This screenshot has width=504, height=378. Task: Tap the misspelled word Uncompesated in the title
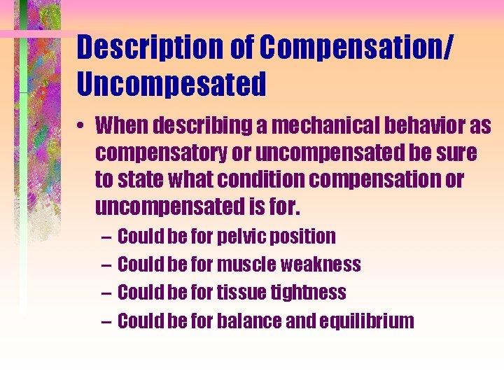171,84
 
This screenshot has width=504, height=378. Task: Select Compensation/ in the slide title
357,48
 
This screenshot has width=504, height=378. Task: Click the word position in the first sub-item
305,237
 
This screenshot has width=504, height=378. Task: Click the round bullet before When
82,128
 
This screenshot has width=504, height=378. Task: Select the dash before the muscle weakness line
106,265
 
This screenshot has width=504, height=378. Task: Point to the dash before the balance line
106,321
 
